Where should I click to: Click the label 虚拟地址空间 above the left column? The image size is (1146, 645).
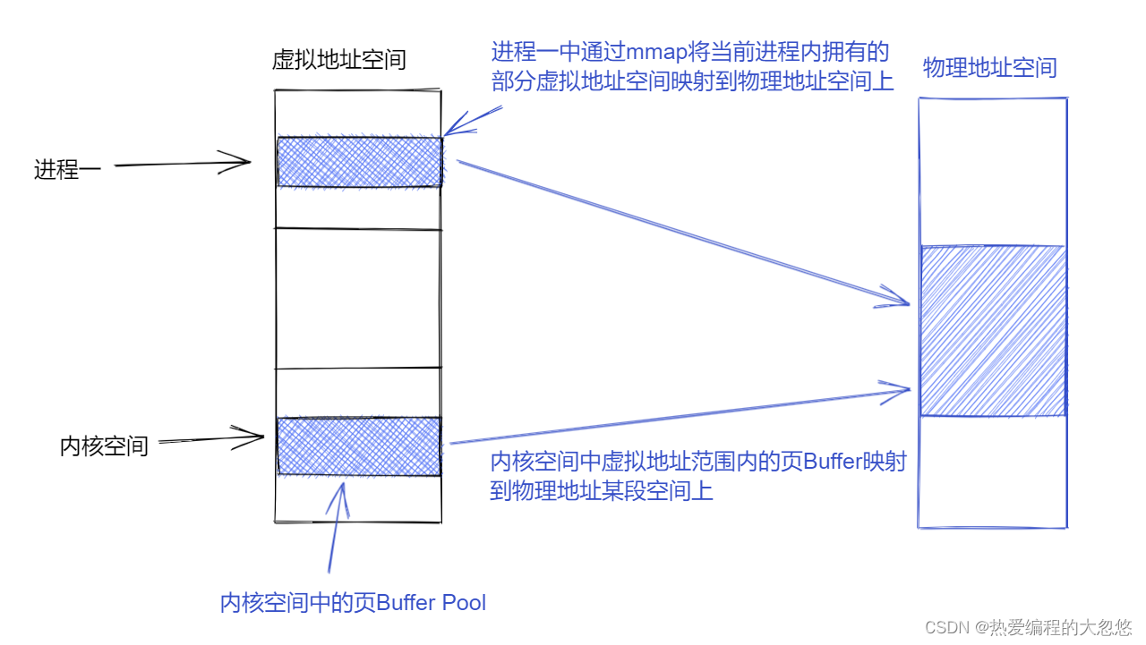tap(338, 60)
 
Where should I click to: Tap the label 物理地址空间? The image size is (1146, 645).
tap(989, 68)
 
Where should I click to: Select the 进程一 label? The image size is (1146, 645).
tap(67, 169)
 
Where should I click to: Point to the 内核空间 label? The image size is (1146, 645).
tap(104, 446)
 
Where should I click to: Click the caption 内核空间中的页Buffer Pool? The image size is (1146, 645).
tap(353, 603)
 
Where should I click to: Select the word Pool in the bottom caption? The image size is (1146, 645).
tap(462, 603)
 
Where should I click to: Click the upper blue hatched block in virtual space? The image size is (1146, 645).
tap(359, 162)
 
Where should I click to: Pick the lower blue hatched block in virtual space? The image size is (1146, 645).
tap(358, 446)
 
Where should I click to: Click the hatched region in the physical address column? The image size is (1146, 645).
tap(992, 331)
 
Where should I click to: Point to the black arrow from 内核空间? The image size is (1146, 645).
tap(211, 438)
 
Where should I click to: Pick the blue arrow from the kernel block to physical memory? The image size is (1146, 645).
tap(680, 415)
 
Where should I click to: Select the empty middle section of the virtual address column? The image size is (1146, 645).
tap(358, 297)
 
